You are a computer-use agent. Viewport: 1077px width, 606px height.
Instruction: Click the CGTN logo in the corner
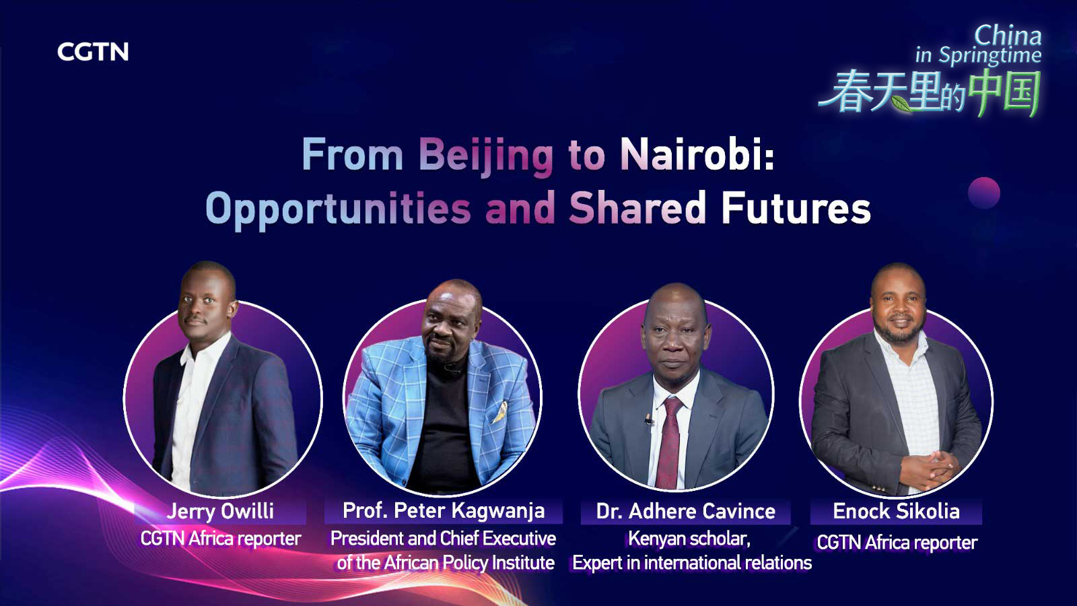click(93, 52)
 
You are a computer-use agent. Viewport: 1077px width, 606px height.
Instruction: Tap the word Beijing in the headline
click(485, 156)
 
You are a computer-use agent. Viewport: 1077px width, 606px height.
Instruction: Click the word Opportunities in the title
click(337, 208)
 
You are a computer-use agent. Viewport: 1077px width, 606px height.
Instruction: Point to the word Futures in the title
click(796, 208)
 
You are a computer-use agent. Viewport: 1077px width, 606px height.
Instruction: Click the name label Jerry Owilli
click(220, 511)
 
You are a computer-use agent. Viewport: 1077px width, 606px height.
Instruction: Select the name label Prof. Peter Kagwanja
click(444, 511)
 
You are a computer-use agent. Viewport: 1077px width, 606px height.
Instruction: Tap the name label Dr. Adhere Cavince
click(685, 512)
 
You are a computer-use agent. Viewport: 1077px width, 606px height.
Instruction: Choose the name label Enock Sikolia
click(896, 512)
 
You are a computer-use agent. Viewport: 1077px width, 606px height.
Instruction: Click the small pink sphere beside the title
click(983, 193)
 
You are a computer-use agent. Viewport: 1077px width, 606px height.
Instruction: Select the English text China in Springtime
click(979, 46)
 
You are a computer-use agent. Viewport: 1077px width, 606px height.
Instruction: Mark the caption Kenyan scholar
click(689, 539)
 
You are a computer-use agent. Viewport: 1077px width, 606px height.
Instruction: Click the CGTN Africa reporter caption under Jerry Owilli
click(220, 539)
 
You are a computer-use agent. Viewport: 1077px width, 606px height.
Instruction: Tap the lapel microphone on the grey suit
click(648, 420)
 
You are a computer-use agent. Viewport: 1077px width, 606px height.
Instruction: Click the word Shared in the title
click(637, 208)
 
